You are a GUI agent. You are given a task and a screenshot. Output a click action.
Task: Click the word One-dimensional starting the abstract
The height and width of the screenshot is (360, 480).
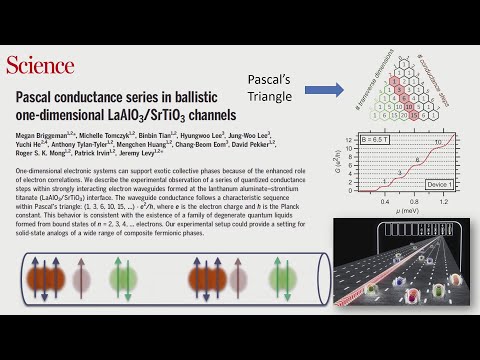[x=42, y=173]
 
